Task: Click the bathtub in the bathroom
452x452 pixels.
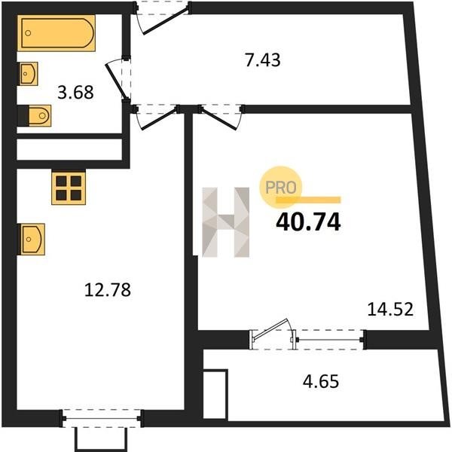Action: click(56, 33)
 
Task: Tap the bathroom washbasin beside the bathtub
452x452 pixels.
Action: click(29, 74)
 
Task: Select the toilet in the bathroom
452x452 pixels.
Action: click(39, 115)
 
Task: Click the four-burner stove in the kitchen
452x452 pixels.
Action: click(69, 188)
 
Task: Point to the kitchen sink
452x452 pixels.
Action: click(32, 239)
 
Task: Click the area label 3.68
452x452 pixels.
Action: click(75, 93)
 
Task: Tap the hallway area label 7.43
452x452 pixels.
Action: click(263, 60)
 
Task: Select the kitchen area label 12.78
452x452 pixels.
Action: click(108, 290)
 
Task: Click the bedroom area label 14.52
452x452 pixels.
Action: click(390, 310)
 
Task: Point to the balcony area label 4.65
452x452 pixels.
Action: click(321, 382)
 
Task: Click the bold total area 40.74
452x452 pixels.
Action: click(308, 222)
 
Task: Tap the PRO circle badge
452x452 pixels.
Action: click(280, 187)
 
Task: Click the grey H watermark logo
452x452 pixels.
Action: click(226, 222)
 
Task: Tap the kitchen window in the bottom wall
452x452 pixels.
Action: click(102, 418)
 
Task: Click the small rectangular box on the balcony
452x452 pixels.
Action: click(215, 393)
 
